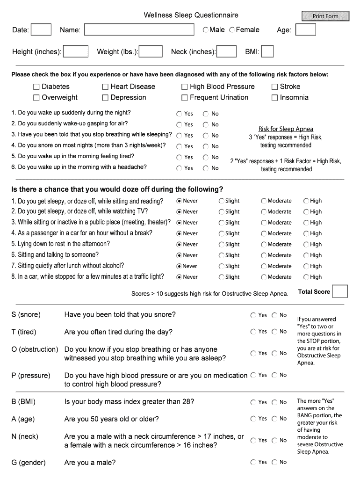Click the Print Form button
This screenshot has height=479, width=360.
[325, 16]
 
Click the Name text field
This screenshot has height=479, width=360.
[139, 30]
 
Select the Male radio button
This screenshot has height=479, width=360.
[206, 30]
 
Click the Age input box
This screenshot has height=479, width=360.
[306, 30]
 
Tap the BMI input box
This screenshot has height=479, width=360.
[267, 51]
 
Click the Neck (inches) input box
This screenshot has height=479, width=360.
[227, 51]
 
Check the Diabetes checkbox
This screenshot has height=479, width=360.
[36, 87]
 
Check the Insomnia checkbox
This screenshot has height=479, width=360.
[275, 98]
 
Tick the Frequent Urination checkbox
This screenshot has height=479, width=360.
[185, 98]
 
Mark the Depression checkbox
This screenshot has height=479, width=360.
[106, 98]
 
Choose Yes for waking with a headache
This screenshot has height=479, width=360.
[179, 168]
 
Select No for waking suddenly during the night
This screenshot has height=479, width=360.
[206, 114]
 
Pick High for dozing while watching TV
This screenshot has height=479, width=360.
[306, 212]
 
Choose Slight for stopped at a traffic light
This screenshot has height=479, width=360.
[222, 277]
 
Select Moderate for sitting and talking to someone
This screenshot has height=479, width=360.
[264, 255]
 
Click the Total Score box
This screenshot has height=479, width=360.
[340, 291]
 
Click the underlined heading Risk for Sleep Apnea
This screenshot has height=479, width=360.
[286, 129]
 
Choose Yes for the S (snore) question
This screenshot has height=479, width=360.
[253, 315]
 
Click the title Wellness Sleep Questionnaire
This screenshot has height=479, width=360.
[191, 15]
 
